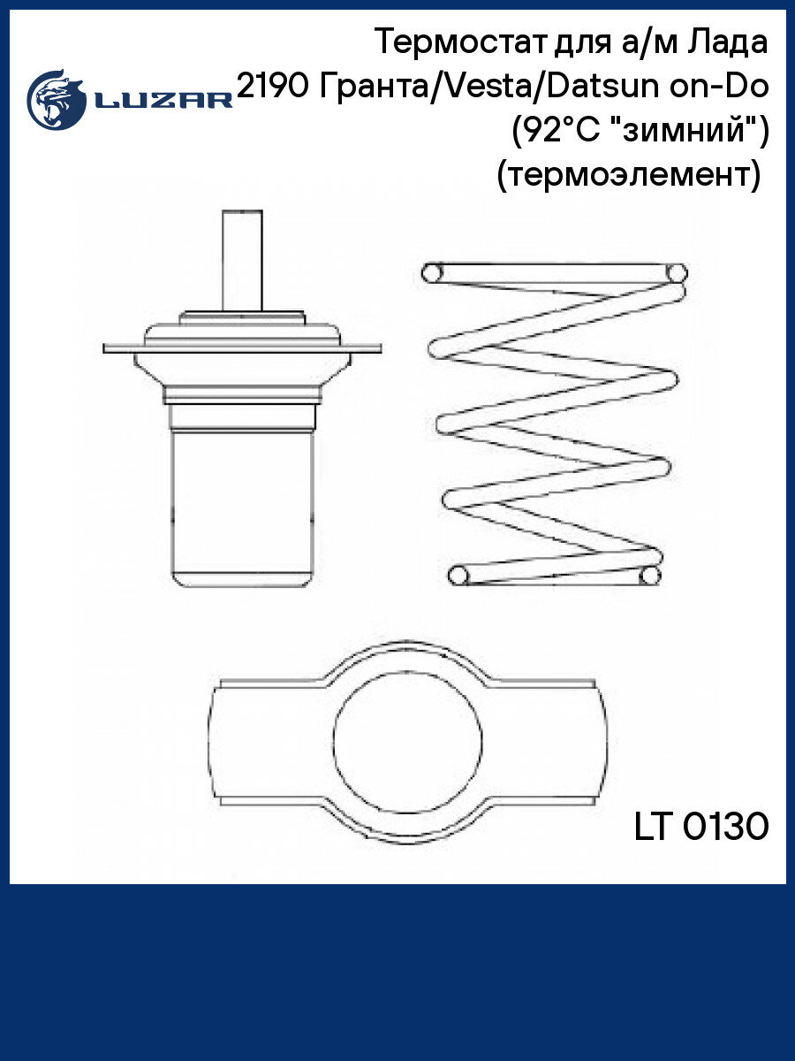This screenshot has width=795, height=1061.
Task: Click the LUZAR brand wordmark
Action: tap(163, 100)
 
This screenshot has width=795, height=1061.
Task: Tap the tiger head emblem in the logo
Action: tap(57, 100)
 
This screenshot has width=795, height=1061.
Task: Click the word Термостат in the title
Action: tap(461, 42)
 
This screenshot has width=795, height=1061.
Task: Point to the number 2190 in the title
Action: tap(273, 87)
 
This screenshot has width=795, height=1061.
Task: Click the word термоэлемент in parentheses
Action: tap(628, 175)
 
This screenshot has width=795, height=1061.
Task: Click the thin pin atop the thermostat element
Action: tap(242, 261)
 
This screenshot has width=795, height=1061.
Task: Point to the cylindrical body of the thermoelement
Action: tap(243, 508)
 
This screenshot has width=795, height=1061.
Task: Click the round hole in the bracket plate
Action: tap(407, 743)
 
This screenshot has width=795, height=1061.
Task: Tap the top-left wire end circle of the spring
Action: tap(432, 273)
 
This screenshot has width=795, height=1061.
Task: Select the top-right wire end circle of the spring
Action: tap(677, 273)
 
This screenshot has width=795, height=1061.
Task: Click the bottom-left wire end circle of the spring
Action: tap(458, 576)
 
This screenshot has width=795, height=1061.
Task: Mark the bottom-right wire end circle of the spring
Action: tap(650, 576)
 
